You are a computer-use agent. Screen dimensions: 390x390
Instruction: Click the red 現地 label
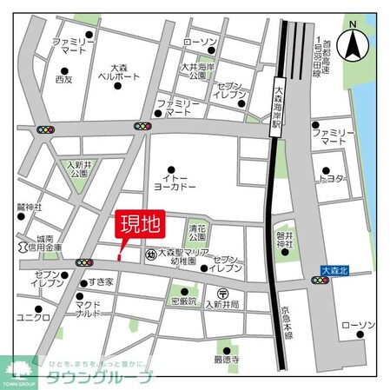pos(139,225)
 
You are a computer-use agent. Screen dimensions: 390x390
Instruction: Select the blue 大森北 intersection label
pos(334,271)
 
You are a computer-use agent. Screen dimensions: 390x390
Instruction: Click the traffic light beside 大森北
pos(321,281)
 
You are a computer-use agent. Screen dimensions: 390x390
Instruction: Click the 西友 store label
pos(63,79)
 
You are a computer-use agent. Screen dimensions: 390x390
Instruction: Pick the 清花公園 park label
pos(195,232)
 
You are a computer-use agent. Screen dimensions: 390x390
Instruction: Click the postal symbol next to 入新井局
pos(223,293)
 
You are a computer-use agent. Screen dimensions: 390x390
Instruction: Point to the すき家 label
pos(100,282)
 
